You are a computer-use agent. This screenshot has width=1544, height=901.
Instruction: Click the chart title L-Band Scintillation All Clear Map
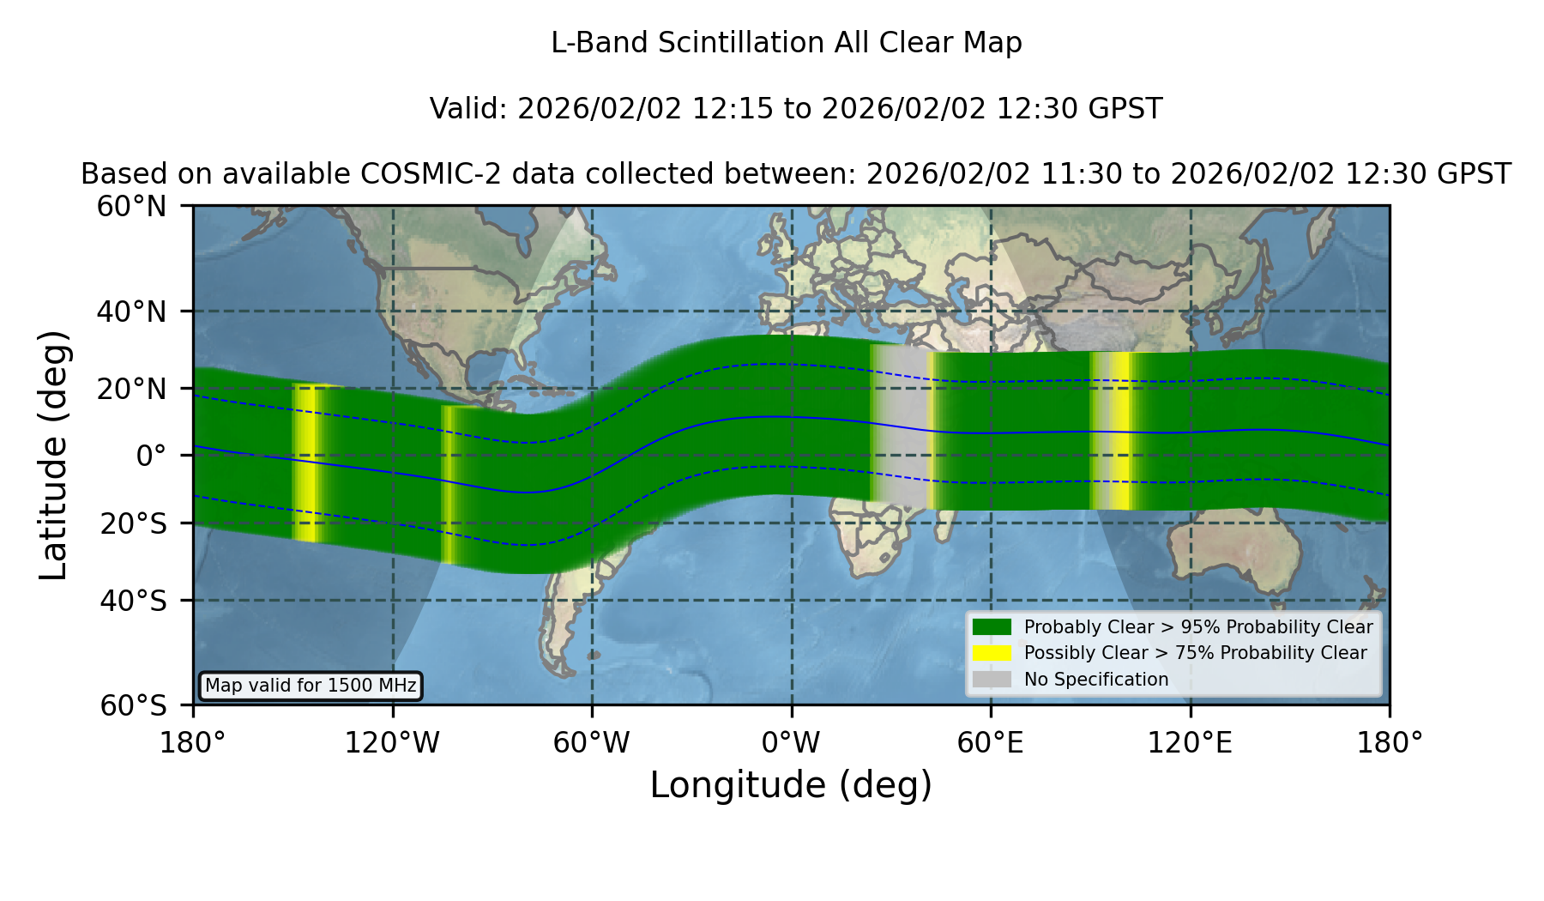[x=786, y=43]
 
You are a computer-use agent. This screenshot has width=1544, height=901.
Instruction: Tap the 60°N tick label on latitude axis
[x=131, y=206]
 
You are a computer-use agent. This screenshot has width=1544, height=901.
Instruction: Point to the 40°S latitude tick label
[x=134, y=601]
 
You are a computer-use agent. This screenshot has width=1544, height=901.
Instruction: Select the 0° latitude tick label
[x=151, y=456]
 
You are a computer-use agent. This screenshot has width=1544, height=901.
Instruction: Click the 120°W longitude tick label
[x=392, y=743]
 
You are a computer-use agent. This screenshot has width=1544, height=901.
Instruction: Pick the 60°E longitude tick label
[x=991, y=743]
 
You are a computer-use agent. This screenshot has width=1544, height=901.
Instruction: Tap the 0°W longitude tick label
[x=792, y=743]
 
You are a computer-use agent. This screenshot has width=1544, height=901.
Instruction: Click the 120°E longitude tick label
[x=1190, y=743]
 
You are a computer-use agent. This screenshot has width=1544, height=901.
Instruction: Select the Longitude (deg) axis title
[x=791, y=786]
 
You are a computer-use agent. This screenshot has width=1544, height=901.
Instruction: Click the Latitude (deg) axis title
[x=54, y=455]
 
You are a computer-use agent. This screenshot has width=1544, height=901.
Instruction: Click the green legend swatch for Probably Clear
[x=992, y=627]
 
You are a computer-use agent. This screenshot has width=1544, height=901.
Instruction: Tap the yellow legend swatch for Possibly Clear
[x=992, y=653]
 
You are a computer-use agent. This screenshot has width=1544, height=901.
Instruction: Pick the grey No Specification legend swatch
[x=992, y=680]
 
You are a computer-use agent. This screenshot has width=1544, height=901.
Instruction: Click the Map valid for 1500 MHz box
[x=311, y=686]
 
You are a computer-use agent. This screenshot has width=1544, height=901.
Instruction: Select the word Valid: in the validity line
[x=469, y=109]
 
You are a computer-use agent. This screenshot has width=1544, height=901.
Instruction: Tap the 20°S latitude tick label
[x=134, y=523]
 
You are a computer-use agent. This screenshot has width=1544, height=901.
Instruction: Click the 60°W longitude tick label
[x=592, y=743]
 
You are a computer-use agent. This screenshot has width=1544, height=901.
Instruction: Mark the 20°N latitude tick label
[x=131, y=389]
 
